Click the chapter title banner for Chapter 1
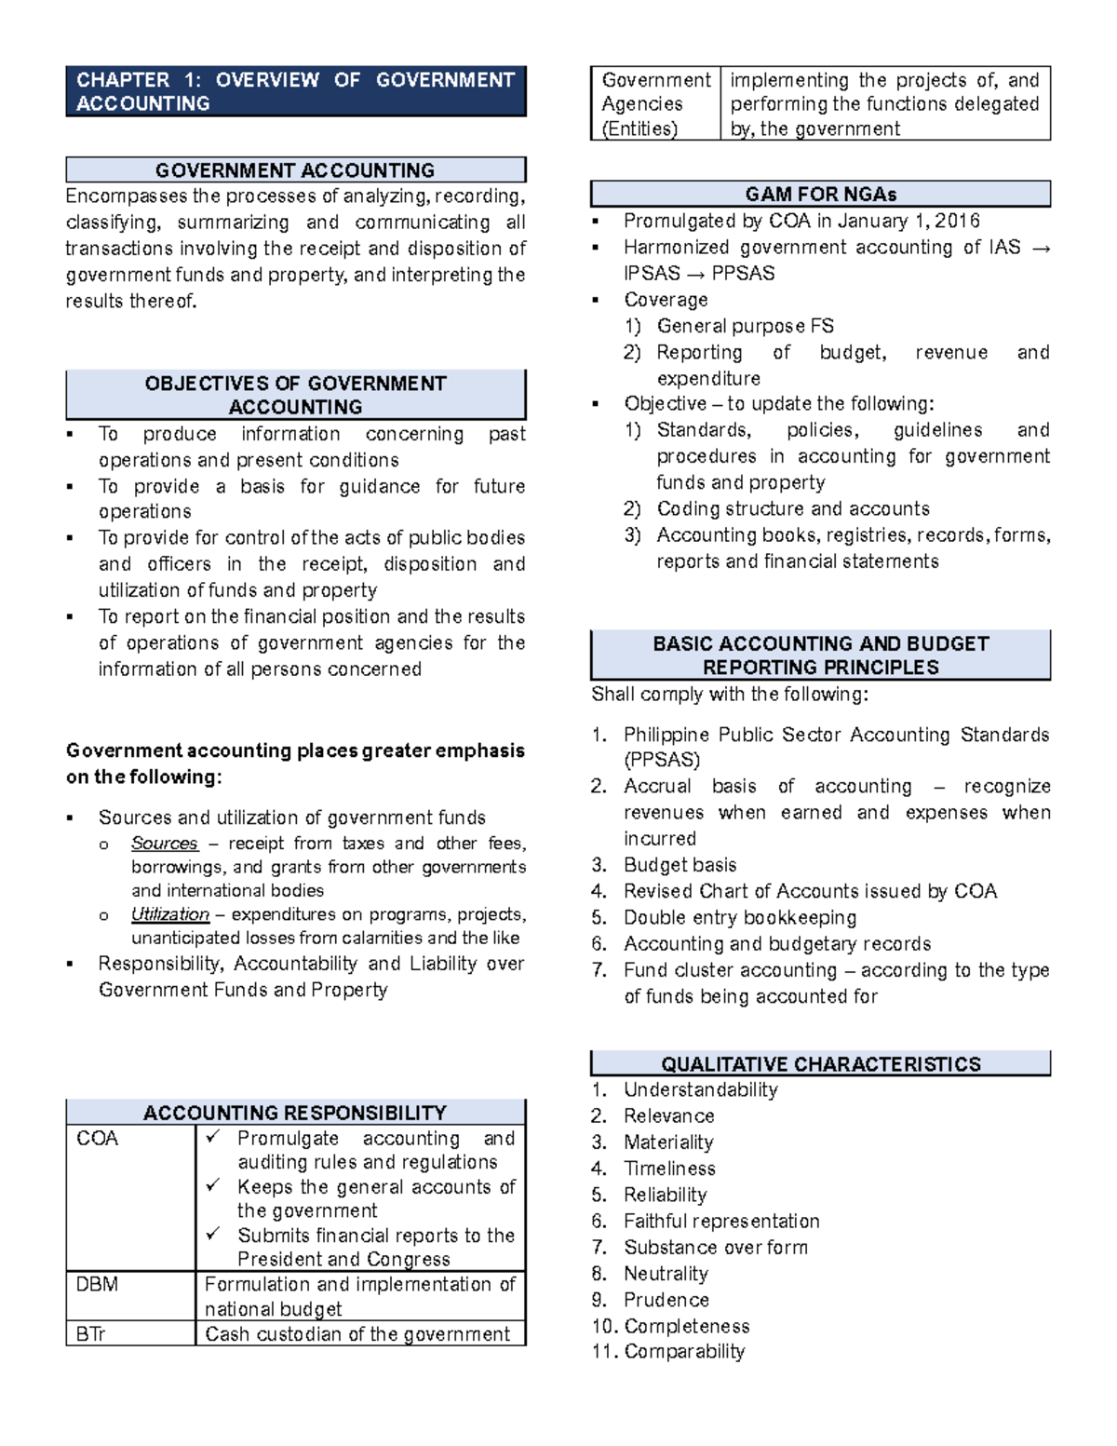(x=295, y=91)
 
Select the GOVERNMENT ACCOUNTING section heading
(x=295, y=170)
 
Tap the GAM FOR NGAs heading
(x=820, y=195)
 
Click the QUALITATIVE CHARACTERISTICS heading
(x=820, y=1064)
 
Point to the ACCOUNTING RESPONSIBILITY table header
(x=295, y=1113)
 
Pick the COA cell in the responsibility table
(x=98, y=1139)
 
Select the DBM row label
(x=97, y=1285)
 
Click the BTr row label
(x=90, y=1334)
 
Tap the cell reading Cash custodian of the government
(x=357, y=1334)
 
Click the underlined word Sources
(x=165, y=844)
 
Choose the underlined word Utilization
(x=170, y=914)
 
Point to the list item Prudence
(x=666, y=1300)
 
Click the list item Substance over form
(x=716, y=1248)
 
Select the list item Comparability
(x=684, y=1352)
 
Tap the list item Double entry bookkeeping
(x=740, y=918)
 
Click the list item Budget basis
(x=680, y=865)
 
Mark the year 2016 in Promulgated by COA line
(x=957, y=221)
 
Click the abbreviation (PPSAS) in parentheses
(x=662, y=760)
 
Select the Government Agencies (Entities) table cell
(x=655, y=104)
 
